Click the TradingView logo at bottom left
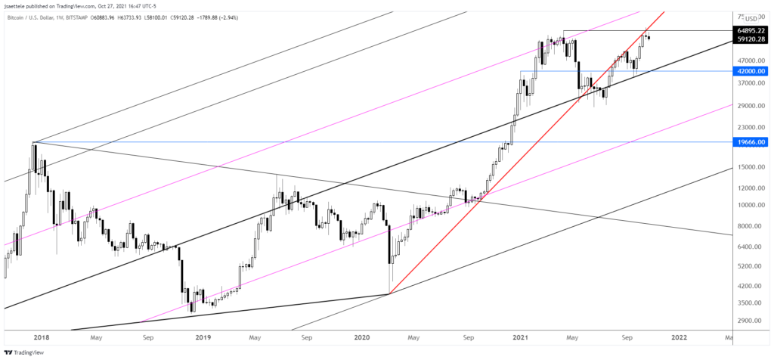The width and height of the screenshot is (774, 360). (26, 352)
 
